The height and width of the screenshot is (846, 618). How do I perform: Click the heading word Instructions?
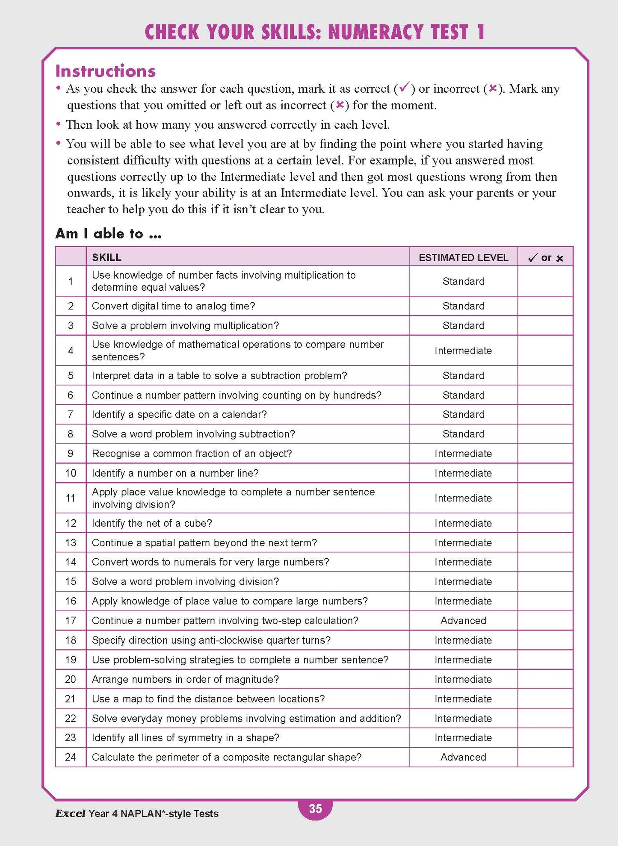point(106,71)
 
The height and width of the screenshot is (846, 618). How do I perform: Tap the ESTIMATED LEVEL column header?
point(463,257)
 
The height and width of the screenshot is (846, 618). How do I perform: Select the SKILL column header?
point(107,257)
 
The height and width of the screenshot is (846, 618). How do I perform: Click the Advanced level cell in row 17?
point(463,620)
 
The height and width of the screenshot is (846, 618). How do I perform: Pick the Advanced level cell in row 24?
point(463,757)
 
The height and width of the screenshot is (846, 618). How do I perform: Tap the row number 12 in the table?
point(71,523)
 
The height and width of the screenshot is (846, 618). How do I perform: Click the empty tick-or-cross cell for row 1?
point(545,281)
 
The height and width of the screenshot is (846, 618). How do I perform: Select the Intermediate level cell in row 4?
point(463,351)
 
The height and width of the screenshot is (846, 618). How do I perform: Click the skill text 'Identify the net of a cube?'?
point(152,523)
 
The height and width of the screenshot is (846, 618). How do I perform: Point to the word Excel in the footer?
point(70,814)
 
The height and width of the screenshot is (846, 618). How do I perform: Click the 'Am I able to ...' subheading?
point(109,233)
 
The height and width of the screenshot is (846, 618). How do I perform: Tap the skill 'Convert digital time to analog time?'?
point(173,306)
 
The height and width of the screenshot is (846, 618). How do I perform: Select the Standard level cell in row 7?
point(463,414)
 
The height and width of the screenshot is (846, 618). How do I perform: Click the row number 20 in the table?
point(71,679)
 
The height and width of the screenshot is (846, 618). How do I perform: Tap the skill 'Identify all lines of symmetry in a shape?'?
point(186,737)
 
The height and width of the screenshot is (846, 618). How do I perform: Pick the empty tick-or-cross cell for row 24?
point(545,757)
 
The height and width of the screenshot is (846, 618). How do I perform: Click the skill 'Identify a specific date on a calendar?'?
point(179,414)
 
